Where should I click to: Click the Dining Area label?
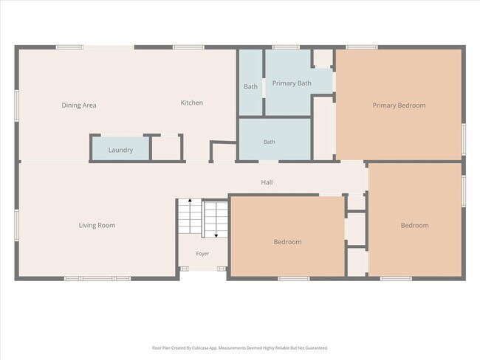pyautogui.click(x=79, y=105)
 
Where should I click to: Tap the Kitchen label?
pyautogui.click(x=192, y=103)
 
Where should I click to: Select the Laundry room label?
pyautogui.click(x=120, y=150)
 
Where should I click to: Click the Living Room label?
pyautogui.click(x=97, y=226)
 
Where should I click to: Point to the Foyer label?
pyautogui.click(x=202, y=254)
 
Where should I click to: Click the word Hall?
pyautogui.click(x=267, y=182)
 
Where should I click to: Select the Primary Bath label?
pyautogui.click(x=292, y=83)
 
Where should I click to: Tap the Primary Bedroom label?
pyautogui.click(x=399, y=105)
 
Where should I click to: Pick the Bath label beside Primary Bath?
pyautogui.click(x=251, y=86)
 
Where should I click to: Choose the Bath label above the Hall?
pyautogui.click(x=270, y=142)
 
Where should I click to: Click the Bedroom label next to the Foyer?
pyautogui.click(x=287, y=242)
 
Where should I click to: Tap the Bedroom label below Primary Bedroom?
pyautogui.click(x=415, y=226)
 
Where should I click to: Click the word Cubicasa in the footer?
pyautogui.click(x=200, y=348)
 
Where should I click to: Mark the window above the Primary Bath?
pyautogui.click(x=286, y=47)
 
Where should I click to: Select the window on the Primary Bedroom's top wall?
pyautogui.click(x=362, y=47)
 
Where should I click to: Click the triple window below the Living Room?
pyautogui.click(x=97, y=279)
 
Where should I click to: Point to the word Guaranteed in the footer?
pyautogui.click(x=317, y=348)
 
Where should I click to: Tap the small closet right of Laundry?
pyautogui.click(x=166, y=148)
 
